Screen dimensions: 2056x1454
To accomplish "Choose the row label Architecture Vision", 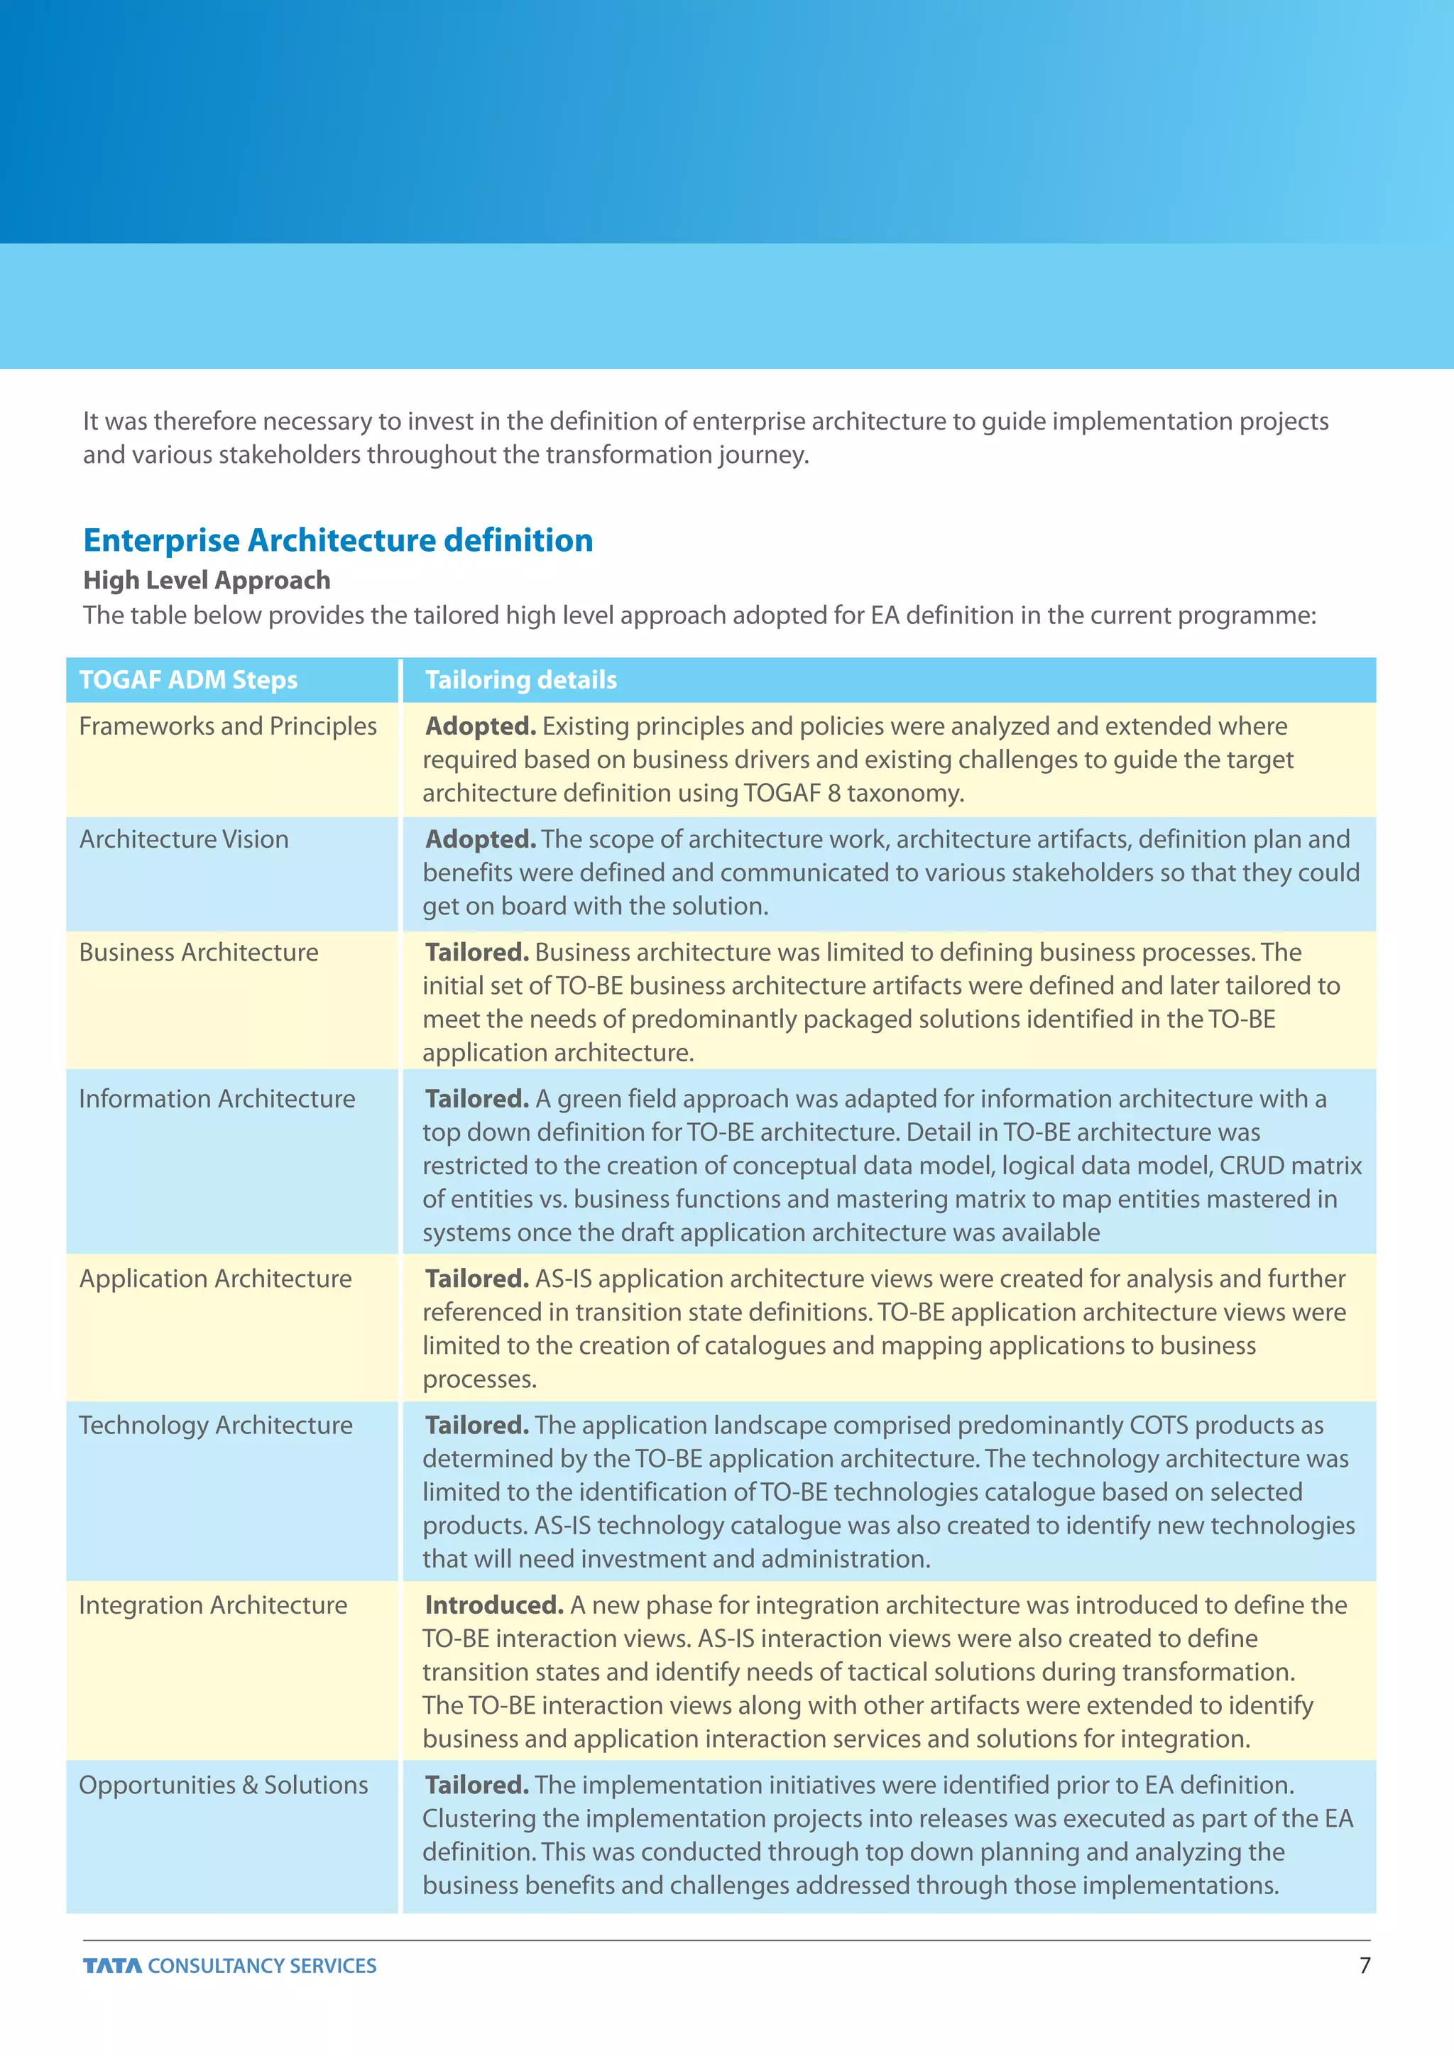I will pyautogui.click(x=184, y=839).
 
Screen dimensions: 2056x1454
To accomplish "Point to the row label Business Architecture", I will pyautogui.click(x=198, y=952).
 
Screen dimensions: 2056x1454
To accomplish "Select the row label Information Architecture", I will pyautogui.click(x=217, y=1099).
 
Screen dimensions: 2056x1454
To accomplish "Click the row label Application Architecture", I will pyautogui.click(x=215, y=1279).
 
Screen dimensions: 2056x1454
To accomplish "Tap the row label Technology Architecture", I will pyautogui.click(x=215, y=1426).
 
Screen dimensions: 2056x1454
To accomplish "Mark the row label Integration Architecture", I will pyautogui.click(x=212, y=1606).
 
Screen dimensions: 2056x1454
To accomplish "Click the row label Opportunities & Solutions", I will pyautogui.click(x=223, y=1786).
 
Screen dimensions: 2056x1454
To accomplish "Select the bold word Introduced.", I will pyautogui.click(x=493, y=1606).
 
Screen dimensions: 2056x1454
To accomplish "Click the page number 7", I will pyautogui.click(x=1365, y=1966).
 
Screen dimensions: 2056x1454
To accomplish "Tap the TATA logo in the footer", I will pyautogui.click(x=112, y=1966).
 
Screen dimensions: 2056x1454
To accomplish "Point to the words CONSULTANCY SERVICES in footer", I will pyautogui.click(x=261, y=1966).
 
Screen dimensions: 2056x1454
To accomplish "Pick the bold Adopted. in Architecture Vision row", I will pyautogui.click(x=480, y=839).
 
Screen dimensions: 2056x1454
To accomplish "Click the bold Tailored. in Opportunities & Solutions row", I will pyautogui.click(x=476, y=1786).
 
